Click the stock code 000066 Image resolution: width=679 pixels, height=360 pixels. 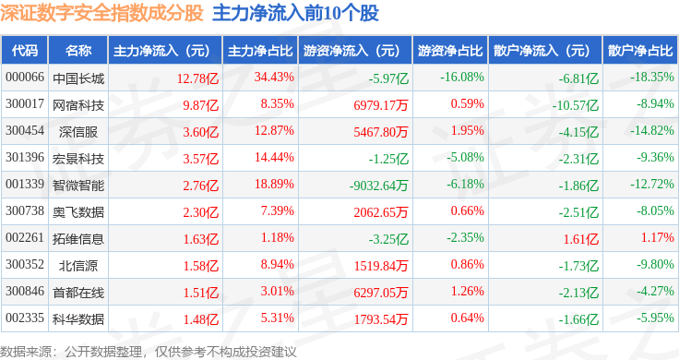(x=25, y=78)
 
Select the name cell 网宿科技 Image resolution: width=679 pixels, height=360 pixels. (x=78, y=105)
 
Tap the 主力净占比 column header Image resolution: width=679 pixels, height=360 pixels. (x=260, y=51)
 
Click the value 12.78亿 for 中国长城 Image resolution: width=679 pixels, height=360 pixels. (x=198, y=78)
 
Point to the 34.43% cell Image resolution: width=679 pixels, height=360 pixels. (x=274, y=78)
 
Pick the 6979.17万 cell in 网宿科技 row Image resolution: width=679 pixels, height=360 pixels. (x=381, y=105)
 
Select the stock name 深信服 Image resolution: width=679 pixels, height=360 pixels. (x=78, y=132)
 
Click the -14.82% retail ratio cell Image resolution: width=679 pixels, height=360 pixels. (x=652, y=130)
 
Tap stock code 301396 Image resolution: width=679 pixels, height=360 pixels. (x=25, y=157)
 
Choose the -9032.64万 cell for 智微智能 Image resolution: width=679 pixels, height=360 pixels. (x=379, y=186)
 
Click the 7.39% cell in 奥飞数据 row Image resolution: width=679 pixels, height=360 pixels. (x=277, y=211)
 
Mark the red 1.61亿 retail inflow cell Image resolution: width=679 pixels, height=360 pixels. (x=581, y=239)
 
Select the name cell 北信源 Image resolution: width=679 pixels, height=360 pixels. (x=78, y=266)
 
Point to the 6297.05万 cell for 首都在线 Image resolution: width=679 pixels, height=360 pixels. (x=381, y=293)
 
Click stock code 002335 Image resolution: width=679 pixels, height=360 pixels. (x=25, y=318)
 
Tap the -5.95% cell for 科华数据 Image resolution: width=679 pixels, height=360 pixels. (x=655, y=318)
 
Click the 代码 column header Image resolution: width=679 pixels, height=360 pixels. (x=25, y=51)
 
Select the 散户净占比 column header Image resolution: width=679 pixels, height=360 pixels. (x=640, y=51)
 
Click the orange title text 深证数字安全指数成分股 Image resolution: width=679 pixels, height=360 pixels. (x=101, y=13)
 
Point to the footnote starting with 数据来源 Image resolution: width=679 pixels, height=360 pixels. (x=149, y=352)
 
